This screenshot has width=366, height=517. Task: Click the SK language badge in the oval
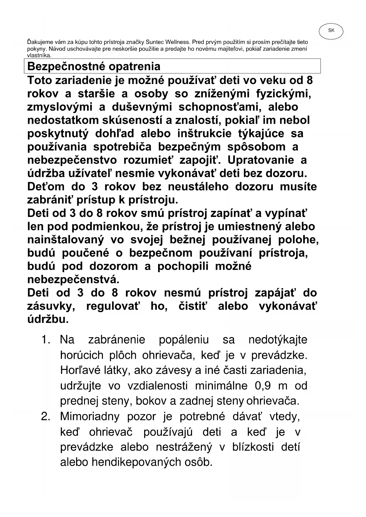click(x=331, y=30)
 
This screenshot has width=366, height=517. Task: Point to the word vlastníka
click(x=40, y=55)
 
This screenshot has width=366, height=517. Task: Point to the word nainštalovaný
click(x=65, y=240)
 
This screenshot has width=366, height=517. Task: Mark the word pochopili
click(x=183, y=266)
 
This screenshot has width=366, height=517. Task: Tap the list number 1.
click(x=46, y=340)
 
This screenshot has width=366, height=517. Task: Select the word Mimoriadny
click(x=90, y=416)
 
